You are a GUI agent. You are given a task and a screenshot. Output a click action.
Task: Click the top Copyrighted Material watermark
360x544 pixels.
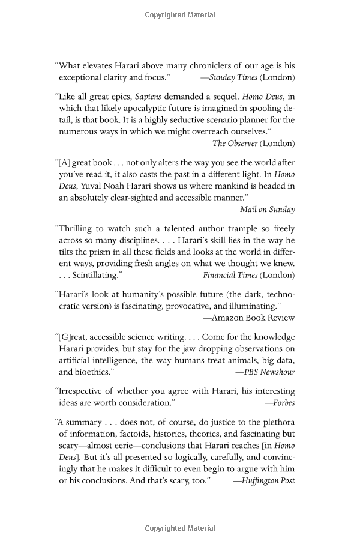click(x=180, y=14)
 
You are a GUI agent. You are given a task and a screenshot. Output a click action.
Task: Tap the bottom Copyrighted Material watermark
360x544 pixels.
click(x=180, y=528)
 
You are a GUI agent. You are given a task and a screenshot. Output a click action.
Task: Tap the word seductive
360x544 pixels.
click(x=157, y=119)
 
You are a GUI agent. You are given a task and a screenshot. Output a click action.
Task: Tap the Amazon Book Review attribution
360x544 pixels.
click(x=248, y=317)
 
